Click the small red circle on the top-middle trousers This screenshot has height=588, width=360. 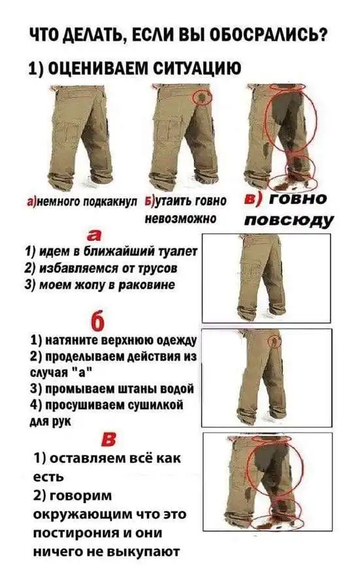point(203,97)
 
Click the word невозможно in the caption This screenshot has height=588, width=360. point(180,218)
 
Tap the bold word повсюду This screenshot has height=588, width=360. point(288,220)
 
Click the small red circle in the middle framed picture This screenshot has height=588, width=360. point(275,340)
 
